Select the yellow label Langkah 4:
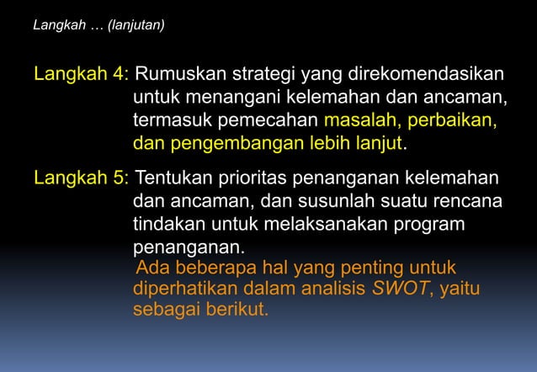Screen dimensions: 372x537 pyautogui.click(x=81, y=72)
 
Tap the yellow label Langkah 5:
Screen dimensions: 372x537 pyautogui.click(x=81, y=178)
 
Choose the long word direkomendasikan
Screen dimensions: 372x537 pyautogui.click(x=424, y=72)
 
